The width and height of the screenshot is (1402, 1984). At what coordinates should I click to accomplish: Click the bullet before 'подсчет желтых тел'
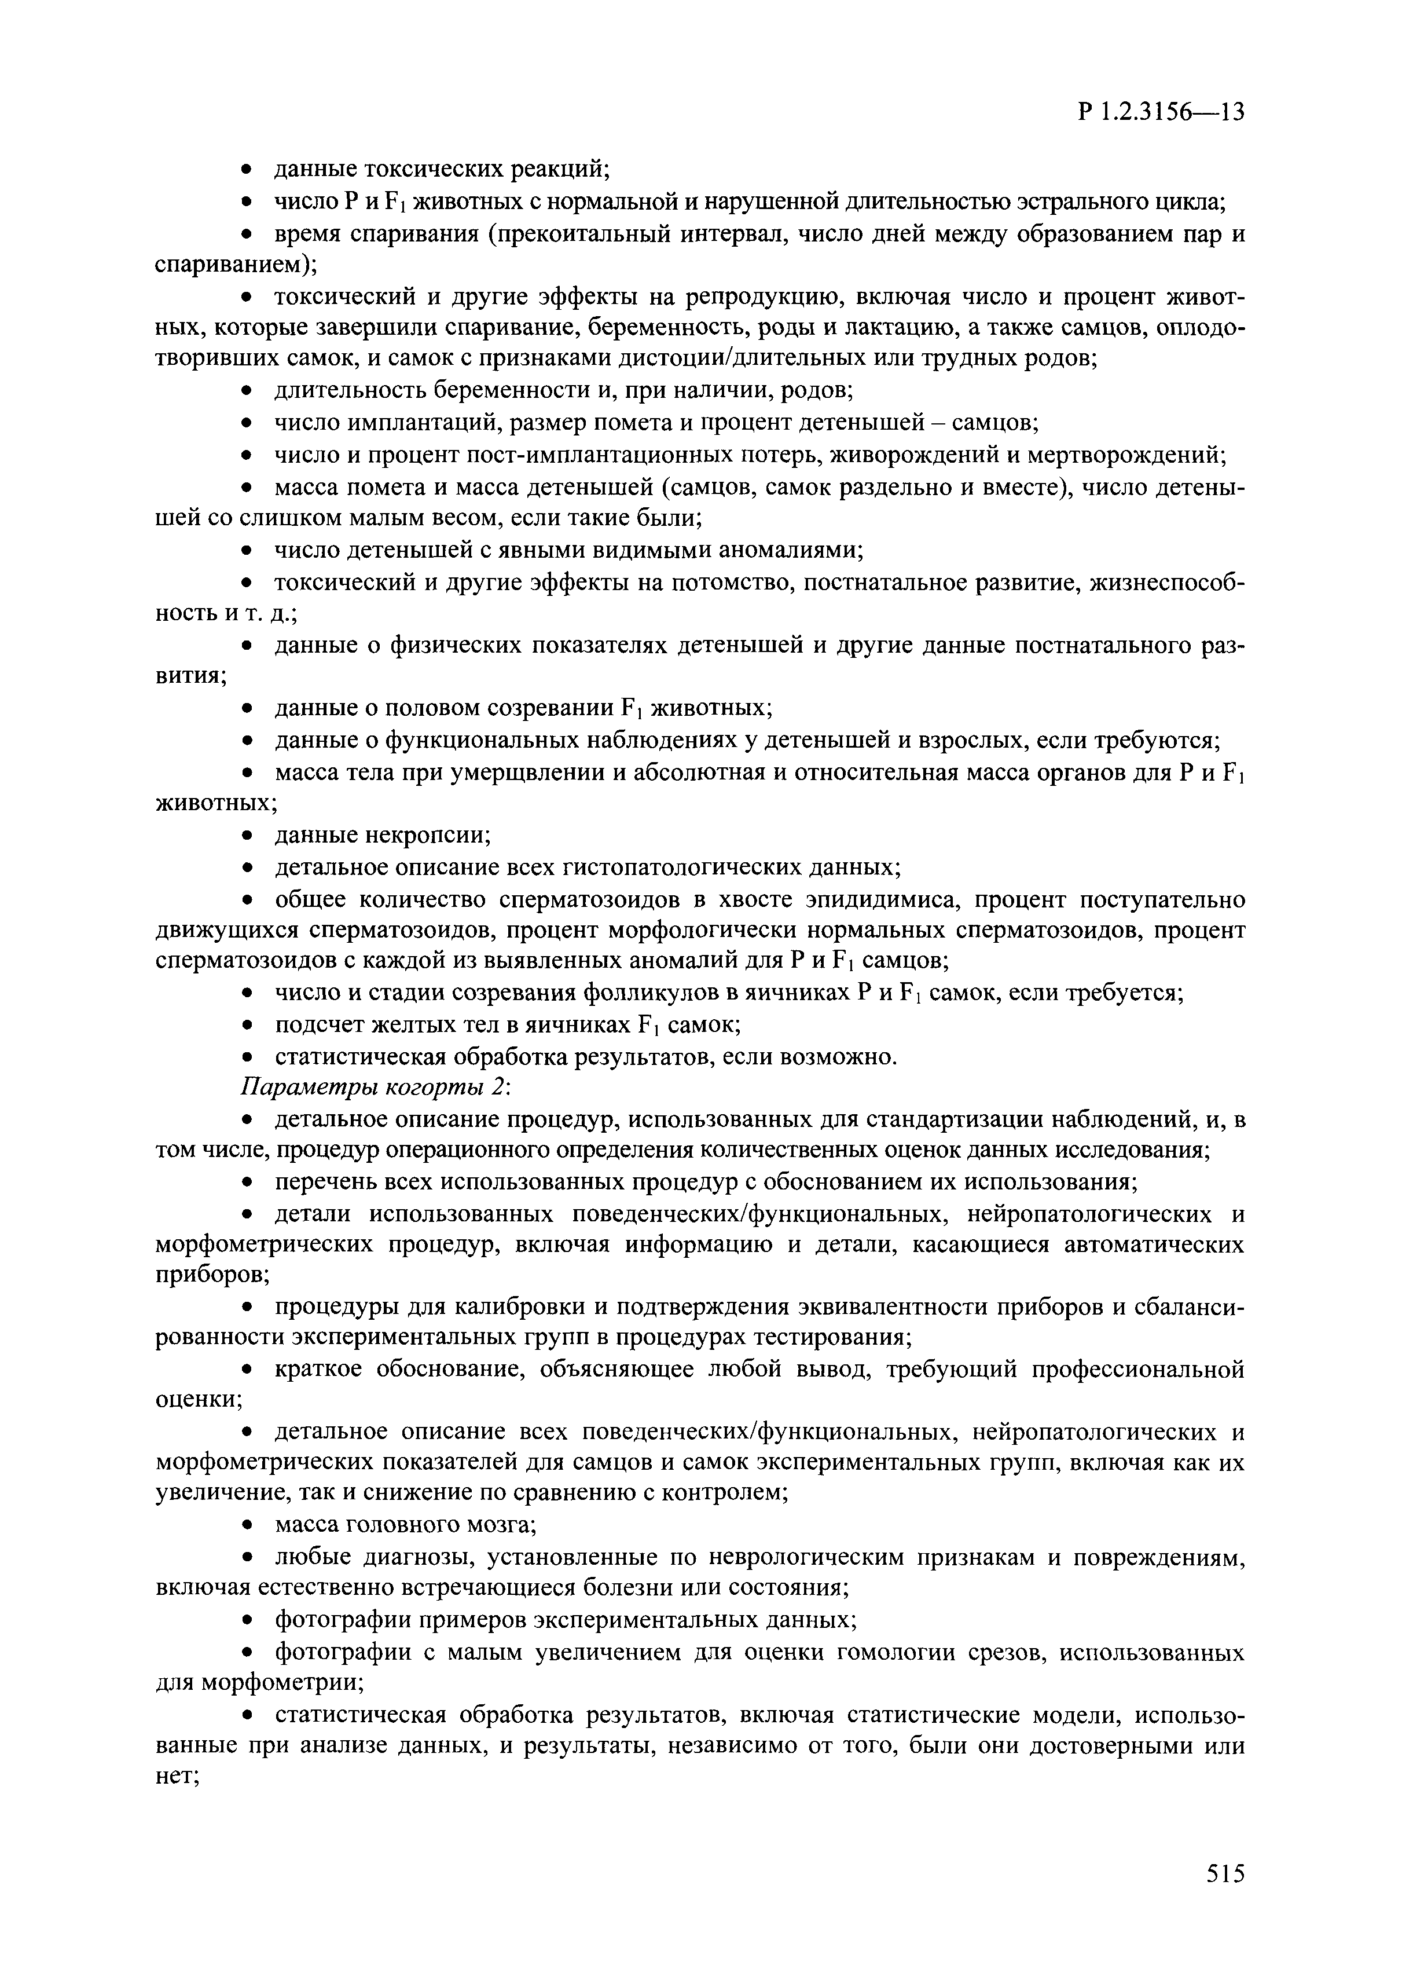click(246, 1026)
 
